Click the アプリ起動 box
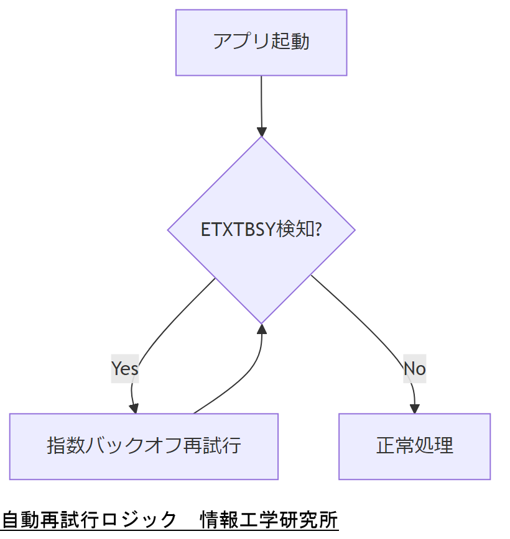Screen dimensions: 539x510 click(261, 42)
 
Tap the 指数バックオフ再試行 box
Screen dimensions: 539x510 click(144, 446)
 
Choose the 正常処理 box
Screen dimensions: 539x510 click(414, 446)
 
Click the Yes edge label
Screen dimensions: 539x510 click(124, 368)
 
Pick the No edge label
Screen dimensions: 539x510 click(414, 368)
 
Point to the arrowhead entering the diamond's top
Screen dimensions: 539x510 click(262, 132)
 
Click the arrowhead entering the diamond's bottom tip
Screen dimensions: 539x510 click(262, 329)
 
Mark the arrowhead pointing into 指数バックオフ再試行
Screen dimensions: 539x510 click(134, 408)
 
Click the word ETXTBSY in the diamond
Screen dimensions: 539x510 click(237, 230)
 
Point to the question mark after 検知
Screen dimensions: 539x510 click(318, 230)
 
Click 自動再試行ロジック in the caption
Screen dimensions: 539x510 click(90, 519)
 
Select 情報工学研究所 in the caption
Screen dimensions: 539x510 click(269, 519)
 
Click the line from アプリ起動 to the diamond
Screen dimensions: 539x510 click(261, 102)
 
